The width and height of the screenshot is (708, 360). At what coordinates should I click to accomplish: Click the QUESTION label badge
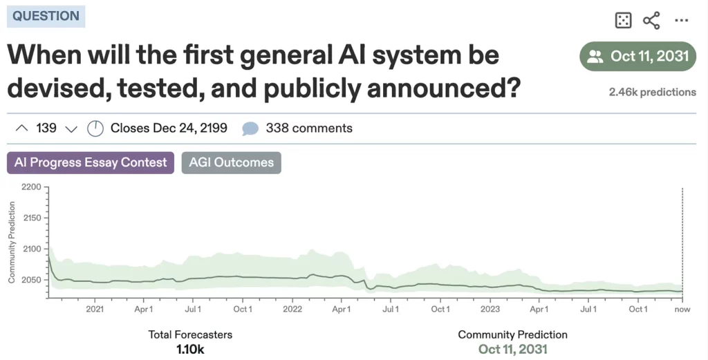(x=46, y=17)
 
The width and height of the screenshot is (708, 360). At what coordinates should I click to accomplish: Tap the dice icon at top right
(x=623, y=21)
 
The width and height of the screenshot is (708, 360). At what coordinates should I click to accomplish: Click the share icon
(x=651, y=21)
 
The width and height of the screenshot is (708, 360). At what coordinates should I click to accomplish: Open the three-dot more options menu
(x=682, y=21)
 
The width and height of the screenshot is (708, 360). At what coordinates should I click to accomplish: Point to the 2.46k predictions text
(x=652, y=92)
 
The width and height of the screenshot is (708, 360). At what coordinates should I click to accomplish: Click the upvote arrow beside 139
(x=21, y=128)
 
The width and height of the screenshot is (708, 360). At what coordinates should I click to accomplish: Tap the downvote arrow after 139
(x=71, y=129)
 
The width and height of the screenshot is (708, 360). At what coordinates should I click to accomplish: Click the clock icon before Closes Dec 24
(x=95, y=129)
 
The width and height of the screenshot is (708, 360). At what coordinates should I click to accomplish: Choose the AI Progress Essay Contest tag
(x=91, y=163)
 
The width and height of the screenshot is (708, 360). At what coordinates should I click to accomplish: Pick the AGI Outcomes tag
(x=231, y=163)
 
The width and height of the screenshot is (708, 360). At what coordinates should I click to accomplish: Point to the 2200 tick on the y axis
(x=31, y=187)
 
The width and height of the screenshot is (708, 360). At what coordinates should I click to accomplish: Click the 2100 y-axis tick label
(x=31, y=249)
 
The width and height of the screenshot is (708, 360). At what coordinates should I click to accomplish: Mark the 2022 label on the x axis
(x=292, y=309)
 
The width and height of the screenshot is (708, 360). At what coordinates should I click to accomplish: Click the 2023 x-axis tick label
(x=490, y=309)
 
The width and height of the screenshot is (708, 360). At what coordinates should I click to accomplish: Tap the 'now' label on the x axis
(x=682, y=309)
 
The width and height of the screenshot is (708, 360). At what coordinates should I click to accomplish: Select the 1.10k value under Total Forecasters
(x=190, y=350)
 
